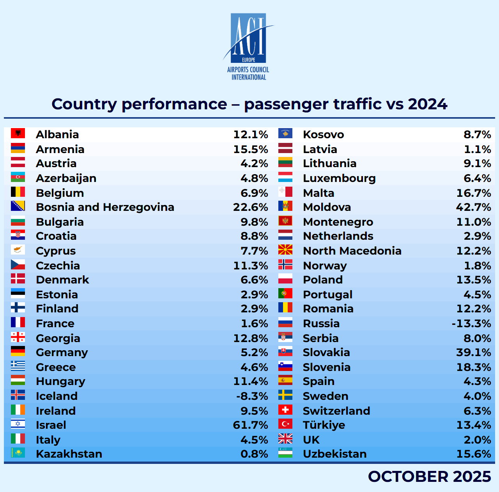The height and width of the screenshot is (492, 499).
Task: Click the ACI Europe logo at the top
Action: (248, 46)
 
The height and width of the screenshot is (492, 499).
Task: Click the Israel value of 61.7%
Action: (250, 425)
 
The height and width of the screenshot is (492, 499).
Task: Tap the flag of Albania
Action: (18, 134)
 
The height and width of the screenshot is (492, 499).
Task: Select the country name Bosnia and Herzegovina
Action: (105, 207)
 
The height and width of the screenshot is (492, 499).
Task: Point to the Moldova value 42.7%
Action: (473, 207)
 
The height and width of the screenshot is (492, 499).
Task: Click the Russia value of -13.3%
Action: (471, 323)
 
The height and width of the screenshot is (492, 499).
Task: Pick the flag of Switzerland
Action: (285, 410)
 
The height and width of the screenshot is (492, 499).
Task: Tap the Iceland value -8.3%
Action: (252, 396)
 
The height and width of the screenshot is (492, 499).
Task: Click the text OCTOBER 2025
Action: (429, 476)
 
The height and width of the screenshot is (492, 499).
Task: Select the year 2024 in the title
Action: (427, 104)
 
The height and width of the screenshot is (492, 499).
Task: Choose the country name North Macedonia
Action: (352, 251)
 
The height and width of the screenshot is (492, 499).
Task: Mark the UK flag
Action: (285, 439)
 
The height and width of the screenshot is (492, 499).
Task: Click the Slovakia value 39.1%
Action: (473, 352)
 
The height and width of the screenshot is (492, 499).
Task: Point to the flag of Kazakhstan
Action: (18, 453)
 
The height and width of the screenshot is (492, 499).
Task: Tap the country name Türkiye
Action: (324, 425)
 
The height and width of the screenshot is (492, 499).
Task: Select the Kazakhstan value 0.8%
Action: (254, 454)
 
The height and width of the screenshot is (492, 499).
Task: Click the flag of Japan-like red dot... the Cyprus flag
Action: (18, 250)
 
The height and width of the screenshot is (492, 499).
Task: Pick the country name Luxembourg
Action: (339, 178)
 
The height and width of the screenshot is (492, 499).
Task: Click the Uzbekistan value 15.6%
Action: (473, 454)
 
